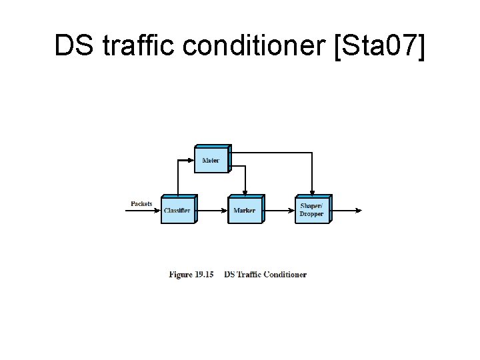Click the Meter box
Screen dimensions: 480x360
[x=211, y=159]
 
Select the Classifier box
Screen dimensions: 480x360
[x=177, y=210]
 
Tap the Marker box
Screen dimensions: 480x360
[x=245, y=210]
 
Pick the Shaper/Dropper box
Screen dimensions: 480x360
[x=311, y=210]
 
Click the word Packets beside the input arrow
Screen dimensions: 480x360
[x=141, y=204]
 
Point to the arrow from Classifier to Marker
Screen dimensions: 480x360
[x=212, y=211]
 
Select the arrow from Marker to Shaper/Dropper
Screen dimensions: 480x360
[x=279, y=211]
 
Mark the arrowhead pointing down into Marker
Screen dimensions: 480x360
[x=245, y=193]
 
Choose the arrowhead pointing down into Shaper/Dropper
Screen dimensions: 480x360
[x=312, y=193]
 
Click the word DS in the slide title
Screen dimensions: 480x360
[x=71, y=46]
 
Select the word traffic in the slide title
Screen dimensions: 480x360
[x=131, y=46]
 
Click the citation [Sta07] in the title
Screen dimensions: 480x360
[x=378, y=46]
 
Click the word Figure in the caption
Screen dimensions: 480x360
[x=181, y=275]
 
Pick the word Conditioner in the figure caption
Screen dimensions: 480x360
[x=285, y=275]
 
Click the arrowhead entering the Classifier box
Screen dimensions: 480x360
[x=158, y=211]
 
